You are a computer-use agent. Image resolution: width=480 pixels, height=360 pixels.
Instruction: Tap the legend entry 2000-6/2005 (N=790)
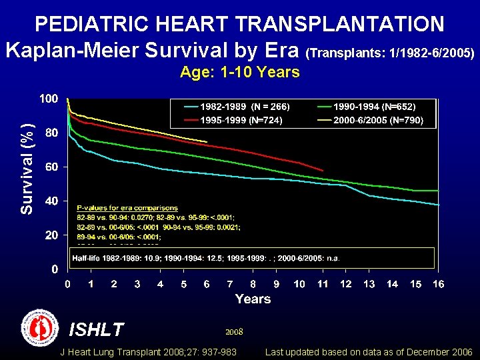coord(377,121)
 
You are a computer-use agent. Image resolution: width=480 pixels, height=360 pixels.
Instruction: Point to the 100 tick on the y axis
coord(48,99)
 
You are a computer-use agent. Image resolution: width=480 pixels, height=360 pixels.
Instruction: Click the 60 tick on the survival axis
coord(51,167)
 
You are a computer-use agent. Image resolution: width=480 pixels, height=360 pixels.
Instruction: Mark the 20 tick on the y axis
coord(51,235)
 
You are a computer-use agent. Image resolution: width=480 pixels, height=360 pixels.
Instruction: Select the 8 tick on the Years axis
coord(253,285)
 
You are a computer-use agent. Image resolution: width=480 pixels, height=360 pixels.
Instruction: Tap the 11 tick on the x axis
coord(323,285)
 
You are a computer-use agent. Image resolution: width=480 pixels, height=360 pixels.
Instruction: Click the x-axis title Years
coord(253,299)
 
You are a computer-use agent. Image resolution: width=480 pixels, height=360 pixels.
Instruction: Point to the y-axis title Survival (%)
coord(27,168)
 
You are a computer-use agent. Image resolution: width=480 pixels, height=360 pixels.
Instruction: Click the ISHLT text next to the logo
coord(97,329)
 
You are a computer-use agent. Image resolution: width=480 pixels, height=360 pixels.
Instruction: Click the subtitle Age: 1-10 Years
coord(240,72)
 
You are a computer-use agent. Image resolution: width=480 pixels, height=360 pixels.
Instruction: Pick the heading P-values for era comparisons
coord(127,209)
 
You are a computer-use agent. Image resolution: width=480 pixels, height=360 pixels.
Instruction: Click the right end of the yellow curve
coord(207,141)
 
